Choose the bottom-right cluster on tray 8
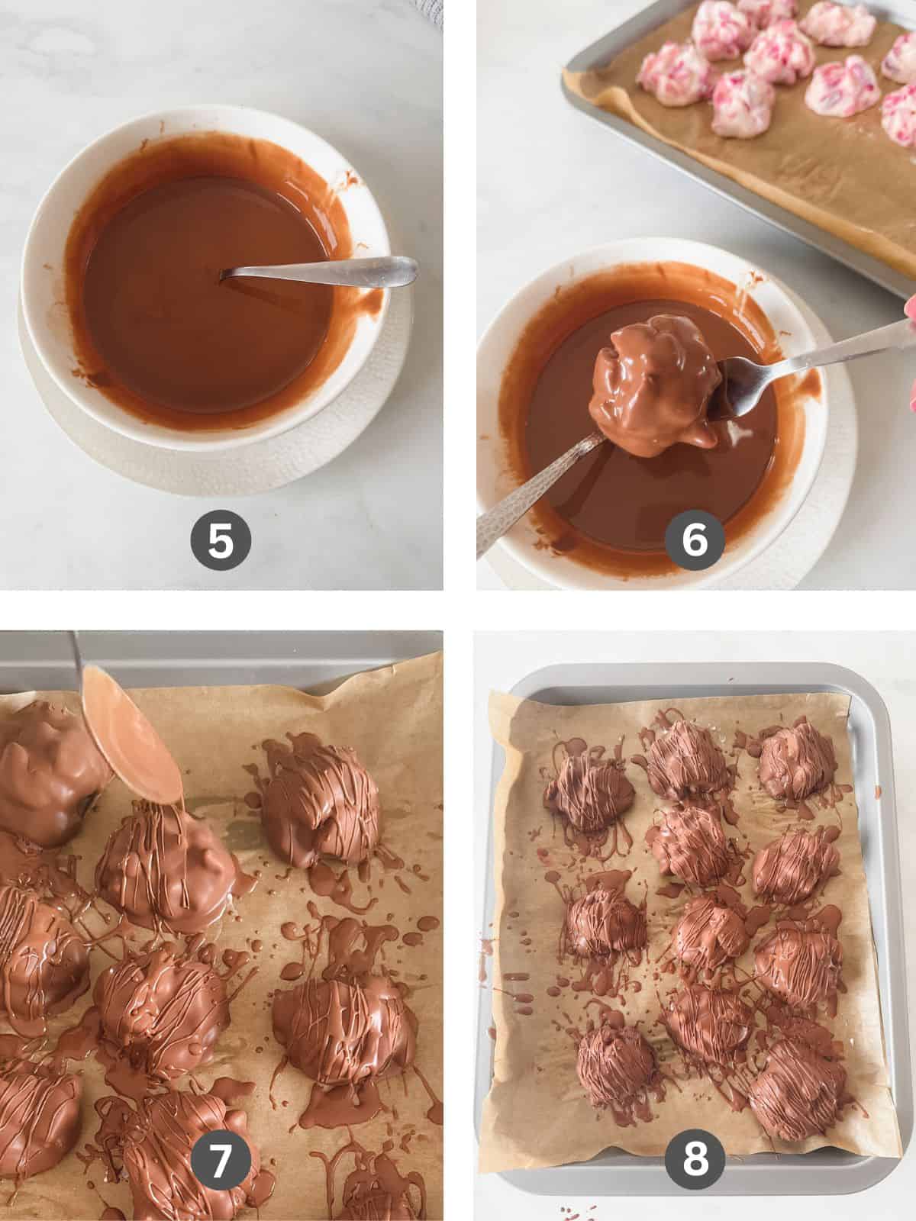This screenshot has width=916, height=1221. (x=790, y=1076)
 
